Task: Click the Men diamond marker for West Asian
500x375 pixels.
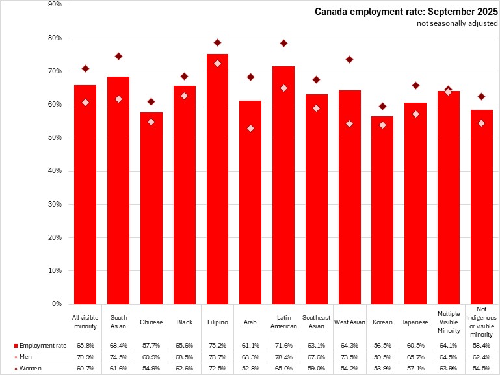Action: coord(350,59)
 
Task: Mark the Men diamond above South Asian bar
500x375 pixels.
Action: coord(118,56)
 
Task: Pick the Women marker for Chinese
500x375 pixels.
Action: coord(151,122)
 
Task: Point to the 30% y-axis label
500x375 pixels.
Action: coord(55,204)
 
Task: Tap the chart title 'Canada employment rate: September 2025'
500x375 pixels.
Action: coord(406,12)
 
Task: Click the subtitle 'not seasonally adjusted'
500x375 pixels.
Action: coord(457,23)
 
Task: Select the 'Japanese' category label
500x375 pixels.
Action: coord(415,322)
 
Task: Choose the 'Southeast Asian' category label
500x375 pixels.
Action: coord(317,322)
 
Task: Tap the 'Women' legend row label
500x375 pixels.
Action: coord(29,369)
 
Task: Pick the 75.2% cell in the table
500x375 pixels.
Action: coord(217,344)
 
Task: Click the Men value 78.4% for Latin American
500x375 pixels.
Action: coord(283,357)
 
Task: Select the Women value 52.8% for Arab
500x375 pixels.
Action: coord(250,369)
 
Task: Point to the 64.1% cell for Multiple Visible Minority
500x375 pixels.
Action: coord(449,344)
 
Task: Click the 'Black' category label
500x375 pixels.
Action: coord(184,322)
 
